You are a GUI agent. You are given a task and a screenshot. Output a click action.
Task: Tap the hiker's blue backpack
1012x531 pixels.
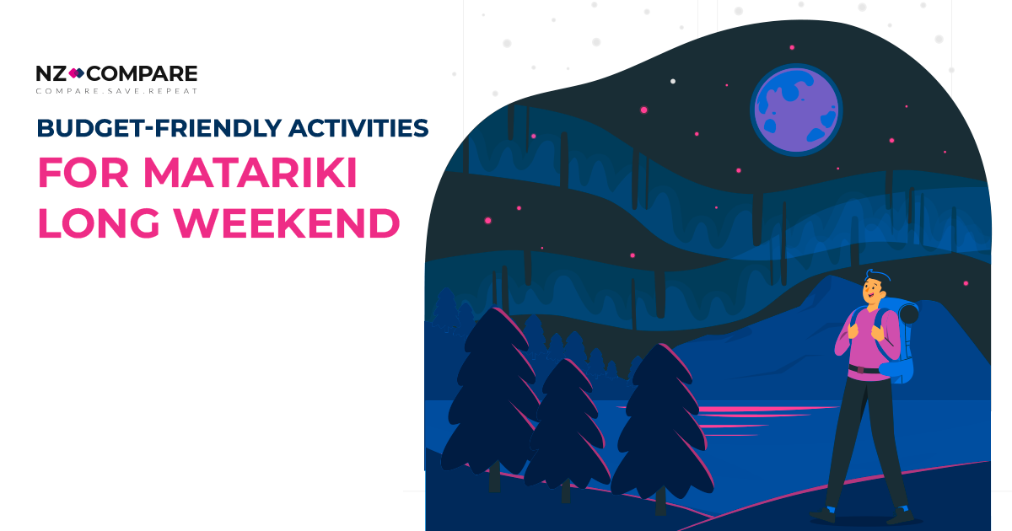pos(899,337)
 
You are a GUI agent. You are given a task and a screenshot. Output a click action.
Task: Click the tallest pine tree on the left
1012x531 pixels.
pos(488,396)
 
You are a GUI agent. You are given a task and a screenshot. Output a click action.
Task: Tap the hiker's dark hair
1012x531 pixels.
pos(875,277)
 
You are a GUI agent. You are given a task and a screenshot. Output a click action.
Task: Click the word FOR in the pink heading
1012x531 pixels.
pos(80,174)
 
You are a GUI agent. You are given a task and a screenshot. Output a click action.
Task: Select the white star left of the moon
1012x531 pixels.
pos(672,81)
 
